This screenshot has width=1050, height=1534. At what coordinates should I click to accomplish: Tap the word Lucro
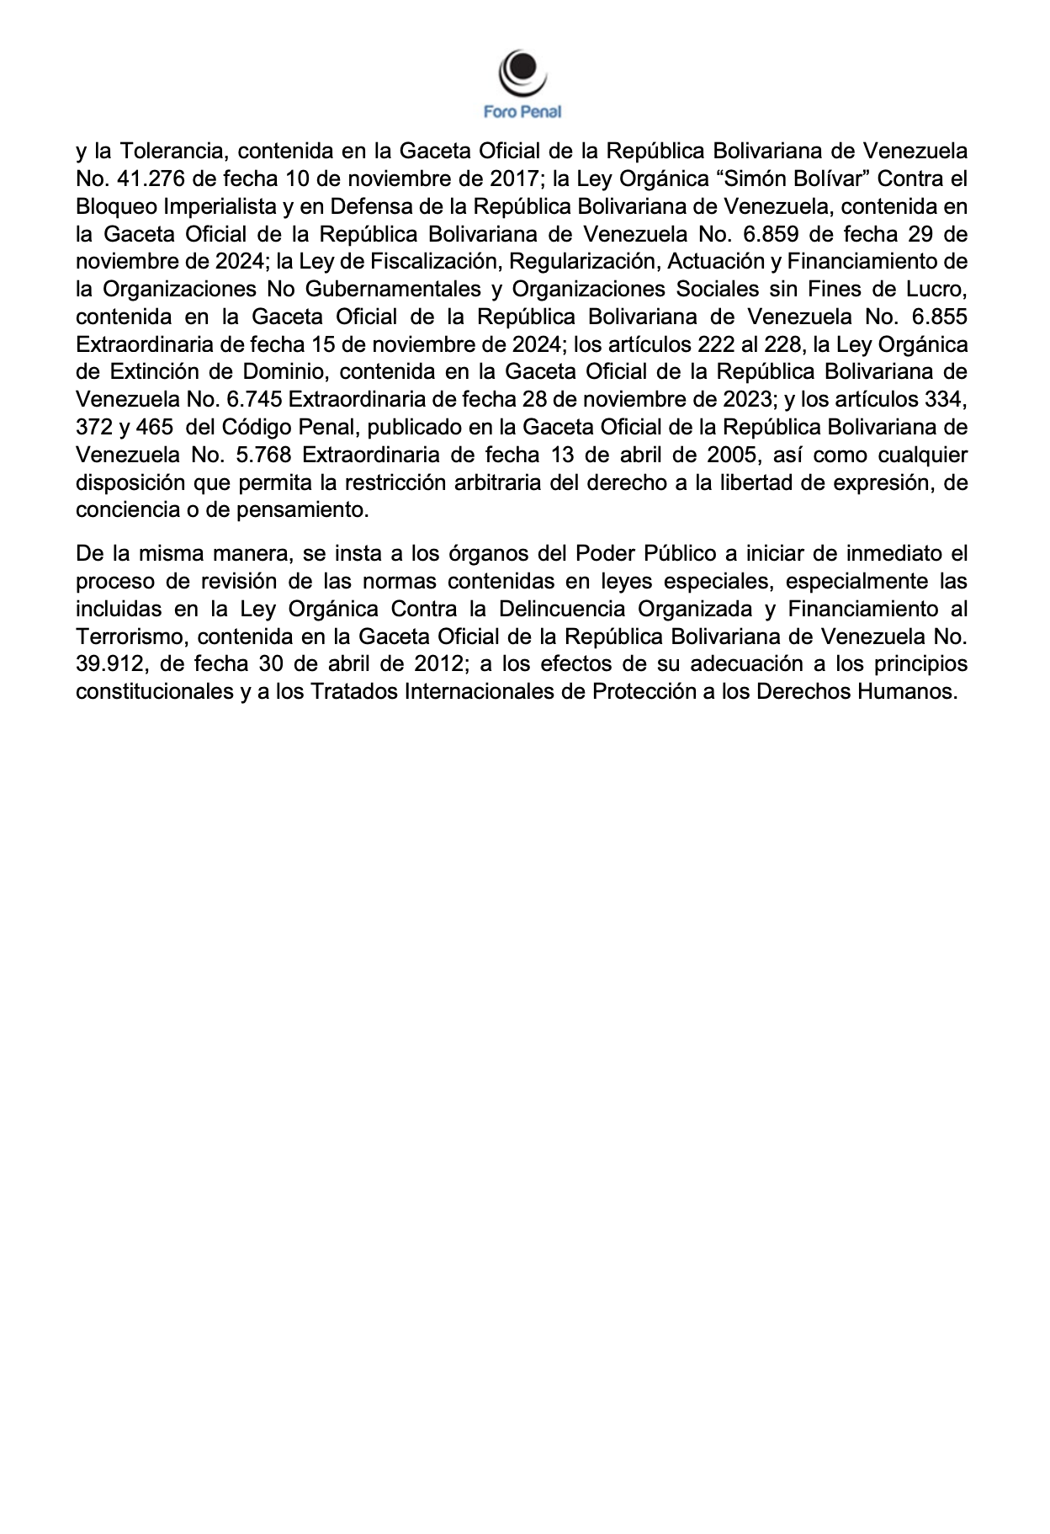935,290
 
